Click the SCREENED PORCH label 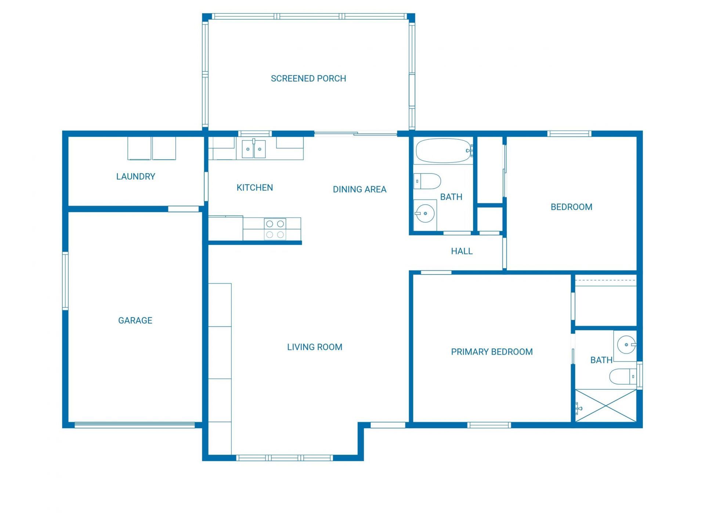(308, 78)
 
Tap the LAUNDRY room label (135, 176)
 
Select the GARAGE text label (135, 320)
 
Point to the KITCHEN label (254, 188)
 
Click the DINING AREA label (359, 190)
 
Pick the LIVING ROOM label (314, 347)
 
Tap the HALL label (462, 251)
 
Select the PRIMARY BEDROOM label (491, 352)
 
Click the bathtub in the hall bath (443, 151)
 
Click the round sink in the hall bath (425, 213)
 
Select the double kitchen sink (254, 149)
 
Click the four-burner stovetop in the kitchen (275, 229)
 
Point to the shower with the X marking (605, 406)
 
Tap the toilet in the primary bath (623, 376)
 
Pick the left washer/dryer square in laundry (139, 148)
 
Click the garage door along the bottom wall (135, 425)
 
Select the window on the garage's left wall (65, 281)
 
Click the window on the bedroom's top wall (569, 134)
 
